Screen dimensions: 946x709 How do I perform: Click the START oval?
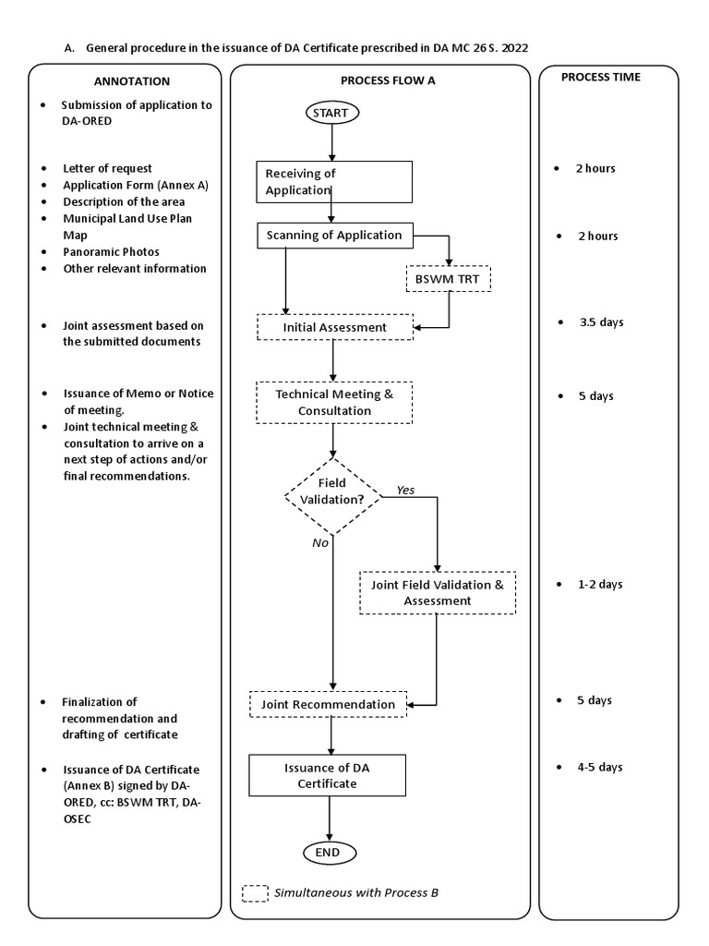click(x=331, y=113)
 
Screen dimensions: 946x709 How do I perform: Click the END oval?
click(x=329, y=852)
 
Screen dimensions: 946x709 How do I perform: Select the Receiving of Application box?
click(x=334, y=182)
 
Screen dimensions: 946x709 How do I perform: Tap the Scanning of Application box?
click(x=334, y=236)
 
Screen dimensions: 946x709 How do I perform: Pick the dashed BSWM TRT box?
click(x=449, y=279)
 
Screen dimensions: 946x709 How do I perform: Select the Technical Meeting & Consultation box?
click(x=334, y=402)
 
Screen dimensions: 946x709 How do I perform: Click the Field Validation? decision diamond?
click(x=331, y=496)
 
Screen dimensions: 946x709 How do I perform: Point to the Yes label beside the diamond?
click(x=405, y=490)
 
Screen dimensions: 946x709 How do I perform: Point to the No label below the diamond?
click(x=320, y=543)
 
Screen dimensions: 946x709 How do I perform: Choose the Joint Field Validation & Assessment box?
click(x=437, y=592)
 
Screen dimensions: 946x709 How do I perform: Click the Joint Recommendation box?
click(x=328, y=704)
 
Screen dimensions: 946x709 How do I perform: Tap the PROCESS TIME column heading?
click(x=600, y=78)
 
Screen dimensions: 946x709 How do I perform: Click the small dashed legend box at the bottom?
click(x=255, y=893)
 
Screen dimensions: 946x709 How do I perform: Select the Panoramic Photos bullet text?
click(x=111, y=251)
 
